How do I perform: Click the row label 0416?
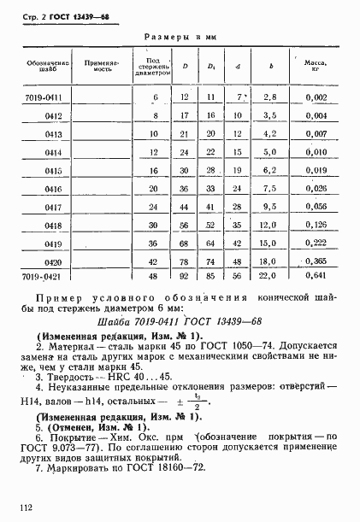tap(54, 189)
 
